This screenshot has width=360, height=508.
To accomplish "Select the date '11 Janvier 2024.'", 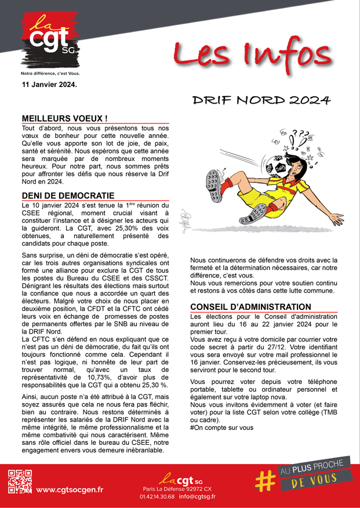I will pos(49,85).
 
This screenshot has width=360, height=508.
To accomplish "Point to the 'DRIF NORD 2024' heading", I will pos(261,100).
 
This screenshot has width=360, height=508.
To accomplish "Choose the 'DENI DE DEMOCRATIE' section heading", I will pos(68,196).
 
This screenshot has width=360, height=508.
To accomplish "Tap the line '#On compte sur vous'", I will pos(221,427).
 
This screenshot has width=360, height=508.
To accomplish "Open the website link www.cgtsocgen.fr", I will pos(70,489).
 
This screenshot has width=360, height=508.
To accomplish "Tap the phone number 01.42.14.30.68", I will pos(157,496).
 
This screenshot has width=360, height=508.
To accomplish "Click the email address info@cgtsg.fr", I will pos(197,496).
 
